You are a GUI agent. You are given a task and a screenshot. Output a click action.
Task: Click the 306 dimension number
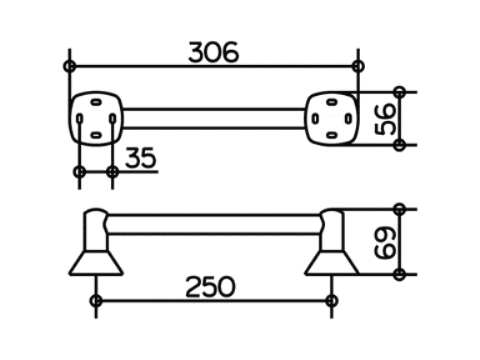click(x=213, y=52)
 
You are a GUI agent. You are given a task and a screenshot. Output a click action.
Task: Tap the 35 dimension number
click(x=141, y=157)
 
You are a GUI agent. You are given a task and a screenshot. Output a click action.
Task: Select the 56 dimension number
click(x=385, y=119)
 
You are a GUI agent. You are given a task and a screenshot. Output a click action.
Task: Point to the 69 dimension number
click(x=385, y=242)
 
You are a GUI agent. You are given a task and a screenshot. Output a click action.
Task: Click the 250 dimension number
click(x=211, y=287)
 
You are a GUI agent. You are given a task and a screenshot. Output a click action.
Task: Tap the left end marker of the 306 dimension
click(x=70, y=66)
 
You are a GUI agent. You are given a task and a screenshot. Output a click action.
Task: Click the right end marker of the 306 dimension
click(x=358, y=66)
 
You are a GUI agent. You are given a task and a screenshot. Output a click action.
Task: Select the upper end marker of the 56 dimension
click(x=399, y=92)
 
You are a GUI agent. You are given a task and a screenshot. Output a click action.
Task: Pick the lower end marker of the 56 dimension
click(x=399, y=145)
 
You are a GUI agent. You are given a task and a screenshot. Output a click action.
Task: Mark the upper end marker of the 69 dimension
click(x=399, y=209)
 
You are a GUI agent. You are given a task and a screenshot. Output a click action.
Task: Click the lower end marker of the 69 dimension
click(x=399, y=274)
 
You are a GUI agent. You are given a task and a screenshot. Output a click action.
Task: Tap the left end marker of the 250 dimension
click(x=96, y=301)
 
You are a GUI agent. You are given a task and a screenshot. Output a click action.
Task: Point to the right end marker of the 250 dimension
click(x=332, y=301)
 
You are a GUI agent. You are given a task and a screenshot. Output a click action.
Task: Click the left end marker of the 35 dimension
click(x=79, y=172)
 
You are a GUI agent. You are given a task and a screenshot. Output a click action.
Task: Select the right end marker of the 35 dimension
click(x=112, y=172)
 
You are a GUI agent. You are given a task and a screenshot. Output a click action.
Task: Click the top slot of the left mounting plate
click(x=96, y=102)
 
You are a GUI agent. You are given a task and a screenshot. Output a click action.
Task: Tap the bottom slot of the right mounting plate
click(x=332, y=134)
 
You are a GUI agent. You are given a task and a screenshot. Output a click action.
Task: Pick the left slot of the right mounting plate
click(x=315, y=118)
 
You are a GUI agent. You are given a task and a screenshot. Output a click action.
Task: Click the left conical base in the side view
click(x=96, y=263)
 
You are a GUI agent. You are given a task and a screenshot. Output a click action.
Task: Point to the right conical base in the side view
click(x=332, y=263)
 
